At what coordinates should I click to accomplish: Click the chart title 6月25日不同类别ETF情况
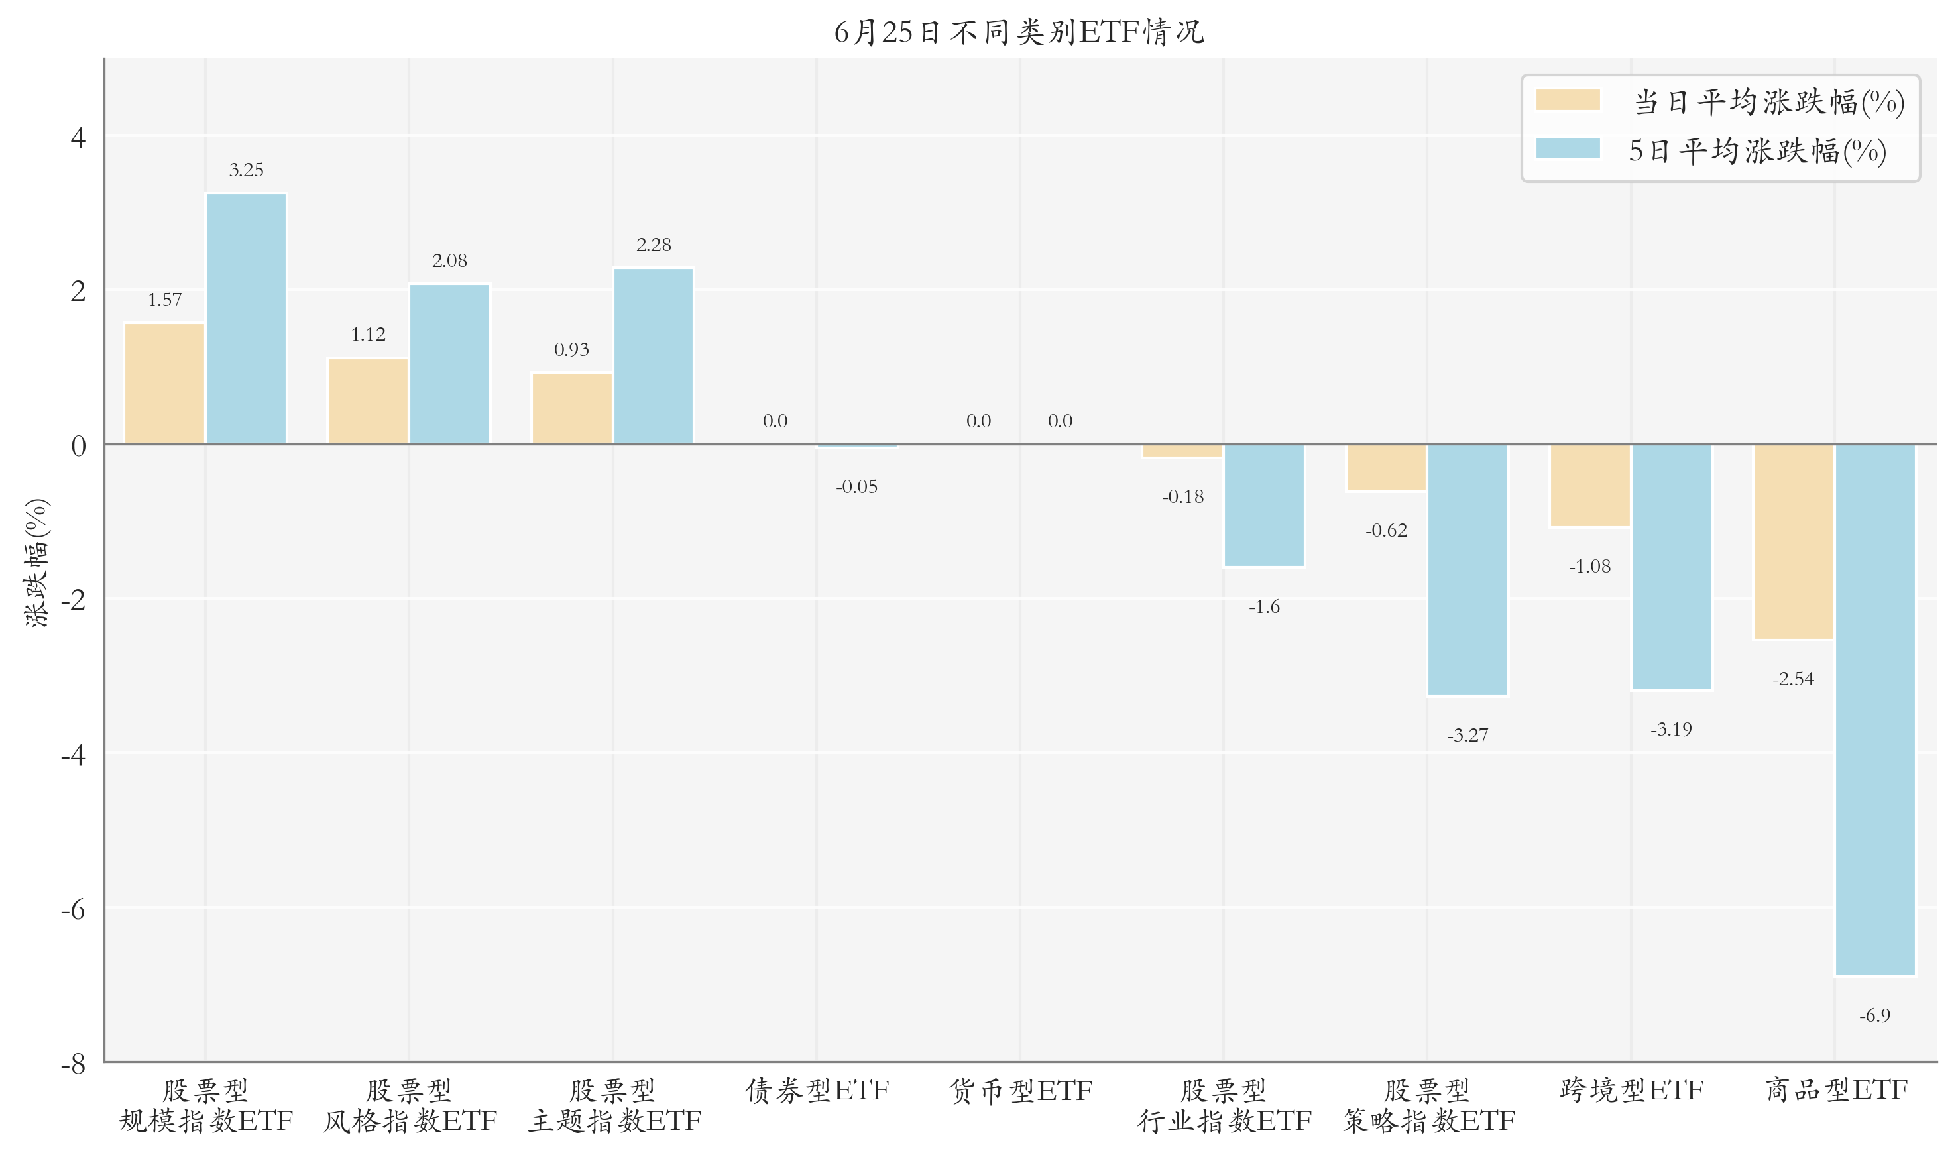click(x=1019, y=32)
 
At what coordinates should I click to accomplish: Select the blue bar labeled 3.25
click(x=247, y=318)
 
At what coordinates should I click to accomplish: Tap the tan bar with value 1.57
click(x=164, y=384)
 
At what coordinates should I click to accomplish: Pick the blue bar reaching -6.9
click(x=1875, y=710)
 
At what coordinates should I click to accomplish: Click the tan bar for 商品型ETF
click(x=1793, y=542)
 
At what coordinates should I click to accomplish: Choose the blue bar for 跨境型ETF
click(x=1672, y=567)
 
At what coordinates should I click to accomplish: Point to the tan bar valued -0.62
click(x=1386, y=468)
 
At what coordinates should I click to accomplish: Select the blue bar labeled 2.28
click(x=654, y=356)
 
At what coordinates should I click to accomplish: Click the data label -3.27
click(x=1467, y=735)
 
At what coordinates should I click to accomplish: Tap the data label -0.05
click(x=857, y=487)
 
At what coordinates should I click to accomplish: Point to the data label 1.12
click(x=368, y=335)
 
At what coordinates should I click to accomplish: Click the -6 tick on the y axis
click(x=74, y=909)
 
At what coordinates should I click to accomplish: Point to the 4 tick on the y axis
click(x=78, y=137)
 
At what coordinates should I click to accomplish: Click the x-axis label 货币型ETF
click(x=1021, y=1090)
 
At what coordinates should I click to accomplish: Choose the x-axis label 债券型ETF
click(x=817, y=1090)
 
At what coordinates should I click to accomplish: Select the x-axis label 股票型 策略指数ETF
click(x=1428, y=1105)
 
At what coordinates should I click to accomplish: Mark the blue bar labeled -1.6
click(x=1264, y=505)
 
